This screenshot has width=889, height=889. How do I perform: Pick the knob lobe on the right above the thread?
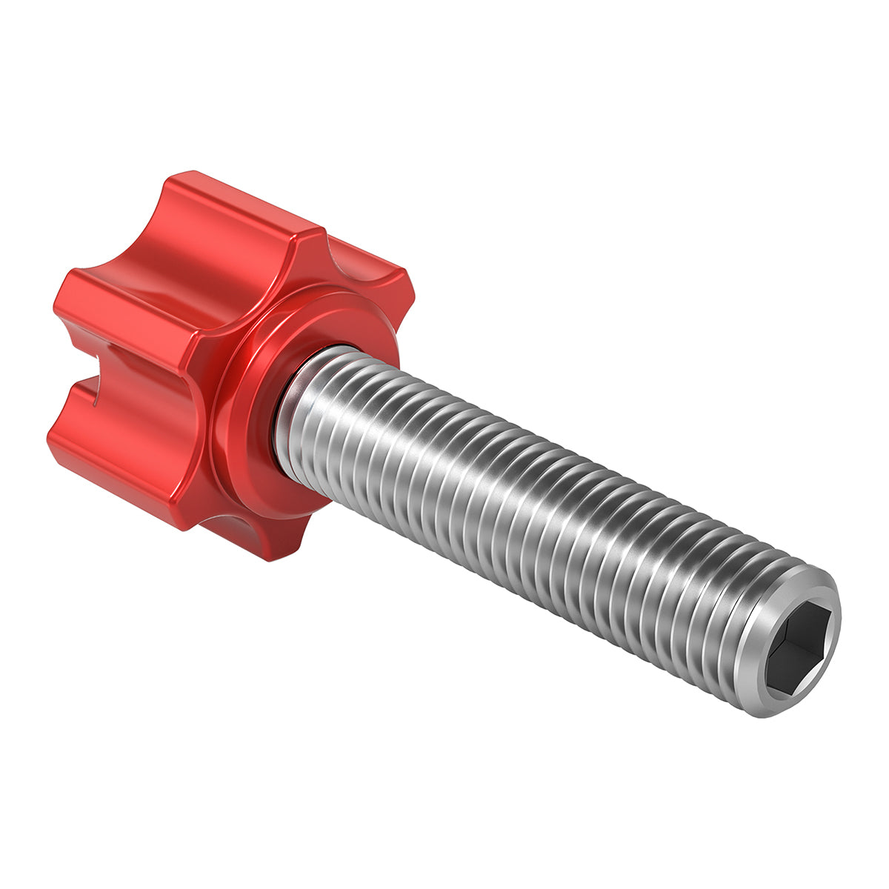point(370,274)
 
